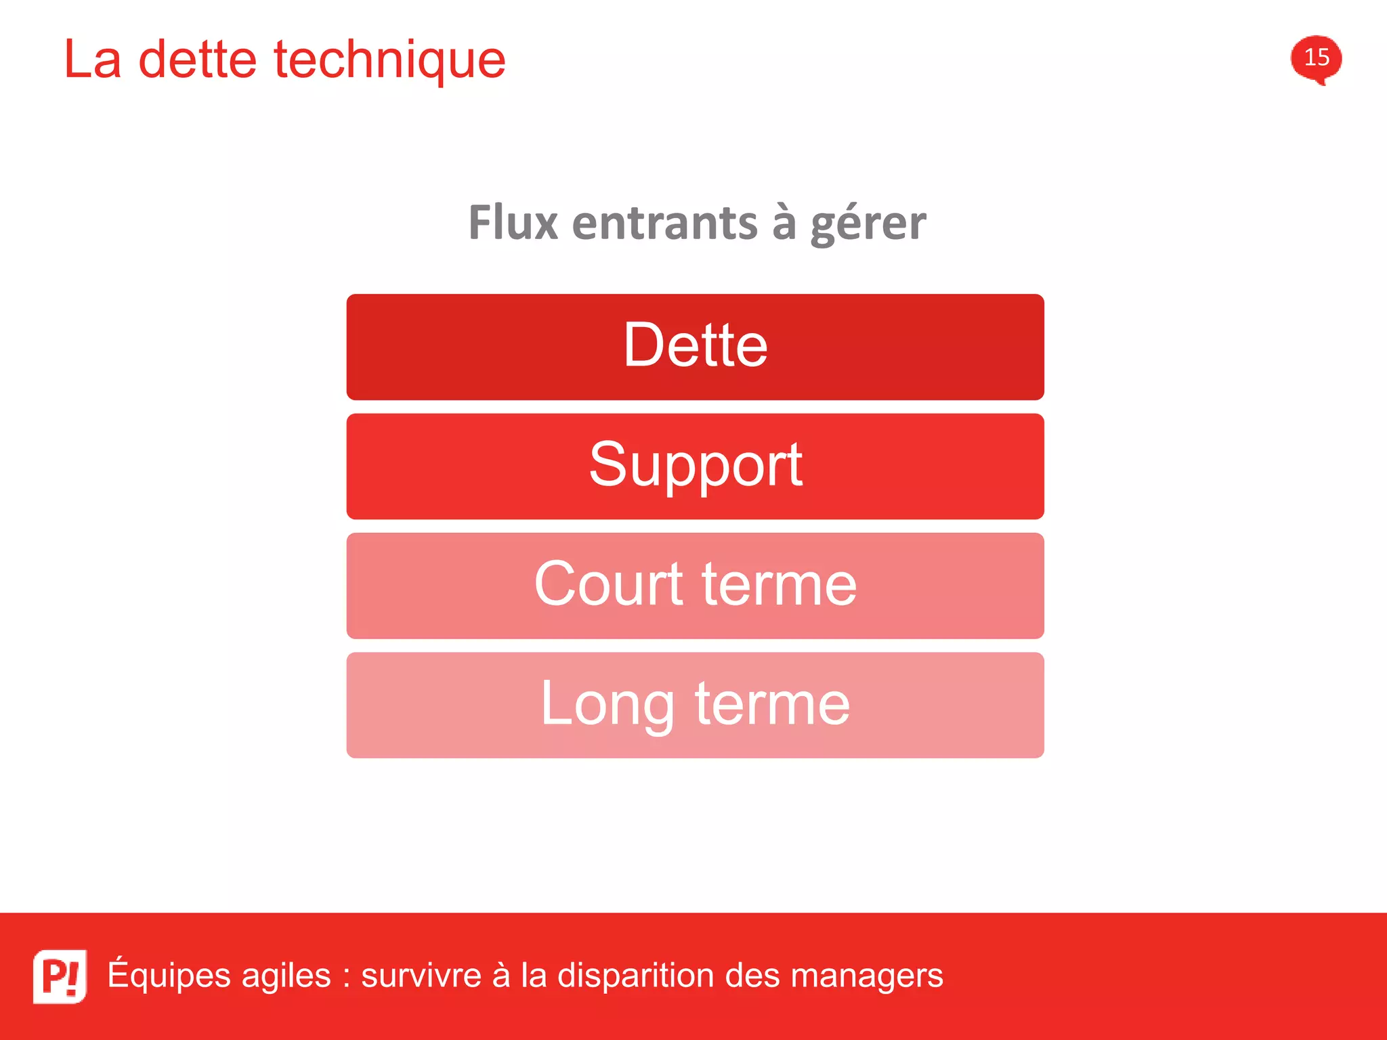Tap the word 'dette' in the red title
(x=197, y=60)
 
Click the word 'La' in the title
(x=93, y=60)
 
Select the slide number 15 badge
(x=1316, y=58)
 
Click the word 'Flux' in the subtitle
(x=513, y=223)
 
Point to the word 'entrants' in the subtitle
(x=664, y=223)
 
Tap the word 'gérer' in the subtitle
(x=868, y=224)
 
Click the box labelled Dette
(x=695, y=347)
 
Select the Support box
(x=695, y=466)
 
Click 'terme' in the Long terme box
(x=772, y=704)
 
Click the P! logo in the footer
(x=60, y=976)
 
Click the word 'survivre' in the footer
(x=421, y=976)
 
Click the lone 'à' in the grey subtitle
(x=784, y=223)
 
